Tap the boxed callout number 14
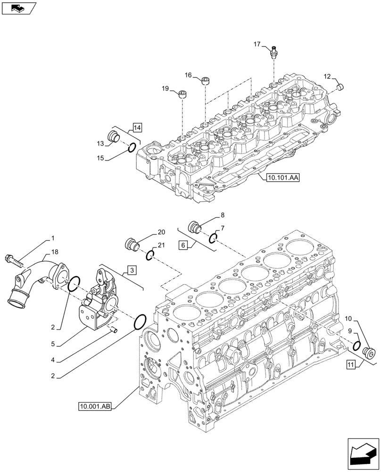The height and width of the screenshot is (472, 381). [137, 126]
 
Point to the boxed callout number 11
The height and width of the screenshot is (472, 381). [350, 364]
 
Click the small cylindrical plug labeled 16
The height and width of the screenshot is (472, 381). [206, 81]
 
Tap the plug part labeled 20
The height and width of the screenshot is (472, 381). [131, 244]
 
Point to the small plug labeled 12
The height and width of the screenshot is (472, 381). [343, 87]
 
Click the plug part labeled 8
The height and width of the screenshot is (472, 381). [193, 227]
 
